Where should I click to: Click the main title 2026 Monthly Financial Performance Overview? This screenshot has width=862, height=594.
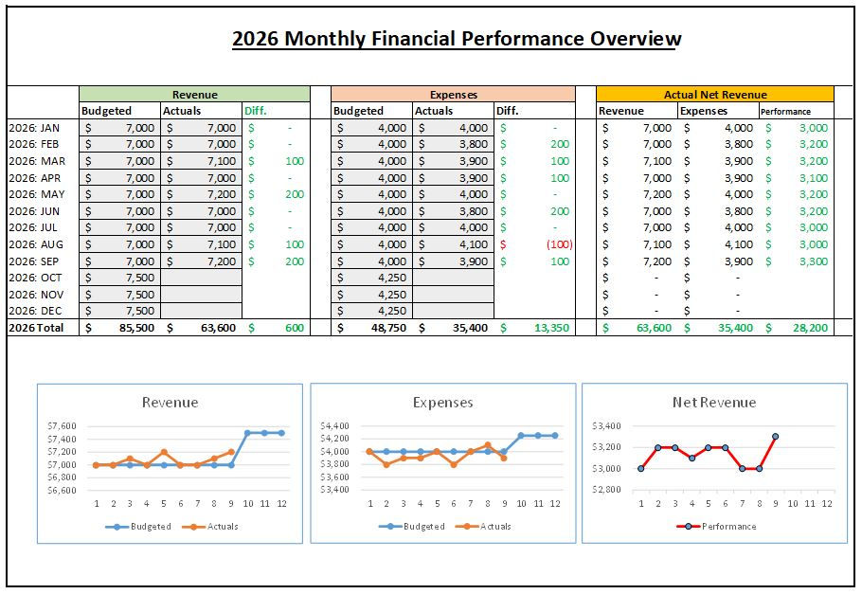457,39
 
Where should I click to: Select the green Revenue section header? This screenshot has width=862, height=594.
194,95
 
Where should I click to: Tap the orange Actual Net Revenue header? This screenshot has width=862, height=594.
715,95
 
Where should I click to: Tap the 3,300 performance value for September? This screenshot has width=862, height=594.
812,261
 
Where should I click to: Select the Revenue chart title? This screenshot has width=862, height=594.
170,403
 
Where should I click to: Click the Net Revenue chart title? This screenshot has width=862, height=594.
714,403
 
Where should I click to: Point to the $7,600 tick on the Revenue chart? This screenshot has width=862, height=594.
63,426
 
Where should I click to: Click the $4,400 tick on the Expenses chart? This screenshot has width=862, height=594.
334,426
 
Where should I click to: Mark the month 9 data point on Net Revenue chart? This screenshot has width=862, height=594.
776,437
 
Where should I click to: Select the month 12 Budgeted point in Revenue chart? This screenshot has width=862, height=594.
281,433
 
